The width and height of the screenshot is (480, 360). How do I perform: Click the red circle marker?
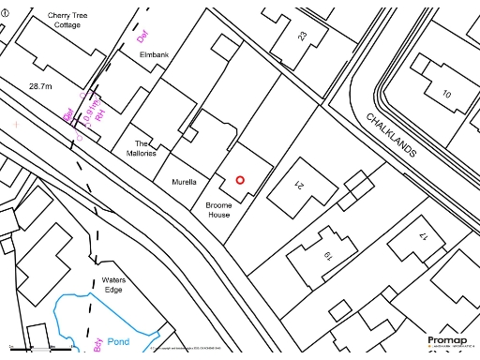click(x=240, y=180)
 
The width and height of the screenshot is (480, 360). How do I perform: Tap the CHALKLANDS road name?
click(x=390, y=134)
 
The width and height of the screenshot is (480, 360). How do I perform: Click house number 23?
click(x=302, y=36)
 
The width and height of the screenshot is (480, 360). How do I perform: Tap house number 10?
click(x=446, y=94)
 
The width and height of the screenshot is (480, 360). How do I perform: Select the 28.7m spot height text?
click(x=39, y=85)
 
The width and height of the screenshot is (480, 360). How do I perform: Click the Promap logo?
click(x=447, y=340)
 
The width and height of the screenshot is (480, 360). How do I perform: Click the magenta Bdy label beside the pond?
click(x=97, y=346)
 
